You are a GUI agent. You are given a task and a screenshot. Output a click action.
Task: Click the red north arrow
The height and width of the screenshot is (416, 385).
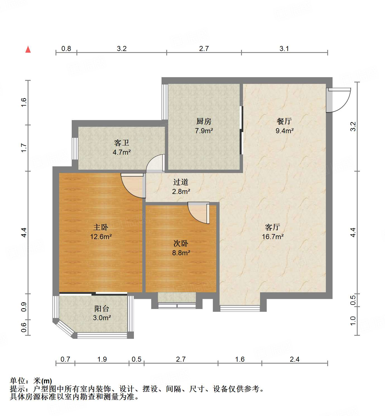[x=28, y=49]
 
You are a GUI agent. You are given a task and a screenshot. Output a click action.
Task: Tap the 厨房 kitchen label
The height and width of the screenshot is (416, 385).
[x=204, y=121]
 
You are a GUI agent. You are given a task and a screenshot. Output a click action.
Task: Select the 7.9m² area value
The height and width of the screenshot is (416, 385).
[x=204, y=130]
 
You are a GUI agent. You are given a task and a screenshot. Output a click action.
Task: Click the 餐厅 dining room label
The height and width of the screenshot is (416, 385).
[x=284, y=121]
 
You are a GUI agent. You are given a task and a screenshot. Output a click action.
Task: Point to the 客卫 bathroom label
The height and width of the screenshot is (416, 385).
[x=122, y=143]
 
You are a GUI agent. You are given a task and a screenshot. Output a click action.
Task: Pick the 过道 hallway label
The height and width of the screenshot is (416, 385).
[x=181, y=182]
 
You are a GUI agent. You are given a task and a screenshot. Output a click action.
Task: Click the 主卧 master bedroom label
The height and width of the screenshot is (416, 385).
[x=101, y=227]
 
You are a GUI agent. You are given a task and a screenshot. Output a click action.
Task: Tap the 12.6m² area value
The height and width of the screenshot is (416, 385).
[x=101, y=237]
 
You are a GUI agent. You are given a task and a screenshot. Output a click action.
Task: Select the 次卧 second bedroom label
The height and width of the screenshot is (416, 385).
[x=181, y=244]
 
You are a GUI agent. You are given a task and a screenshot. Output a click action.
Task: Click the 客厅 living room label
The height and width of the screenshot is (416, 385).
[x=273, y=227]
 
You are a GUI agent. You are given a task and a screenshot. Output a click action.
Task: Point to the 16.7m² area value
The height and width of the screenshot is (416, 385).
[x=273, y=237]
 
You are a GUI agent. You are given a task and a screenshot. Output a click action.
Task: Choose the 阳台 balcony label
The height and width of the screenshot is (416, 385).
[x=102, y=308]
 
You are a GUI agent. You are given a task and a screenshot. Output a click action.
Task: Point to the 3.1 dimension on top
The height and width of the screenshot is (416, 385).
[x=284, y=49]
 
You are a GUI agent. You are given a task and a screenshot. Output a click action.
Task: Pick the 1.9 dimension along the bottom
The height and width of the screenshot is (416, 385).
[x=102, y=359]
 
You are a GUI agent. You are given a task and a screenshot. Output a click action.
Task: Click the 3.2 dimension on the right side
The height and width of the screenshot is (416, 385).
[x=353, y=126]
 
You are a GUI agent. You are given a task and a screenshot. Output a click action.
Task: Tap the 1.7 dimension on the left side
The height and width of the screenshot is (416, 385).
[x=24, y=148]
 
